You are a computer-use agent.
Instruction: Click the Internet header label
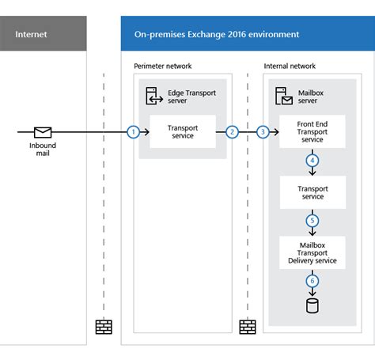pyautogui.click(x=31, y=34)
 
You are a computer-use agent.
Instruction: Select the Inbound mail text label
pyautogui.click(x=42, y=150)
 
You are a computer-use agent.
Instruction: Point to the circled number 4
pyautogui.click(x=312, y=160)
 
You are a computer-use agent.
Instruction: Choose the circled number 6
pyautogui.click(x=312, y=279)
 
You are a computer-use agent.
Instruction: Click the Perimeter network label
pyautogui.click(x=163, y=66)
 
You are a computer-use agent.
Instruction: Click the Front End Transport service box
pyautogui.click(x=312, y=131)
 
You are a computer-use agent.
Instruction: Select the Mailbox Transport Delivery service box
pyautogui.click(x=312, y=251)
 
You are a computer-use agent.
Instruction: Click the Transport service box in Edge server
pyautogui.click(x=183, y=131)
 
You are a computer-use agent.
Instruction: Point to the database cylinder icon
pyautogui.click(x=312, y=305)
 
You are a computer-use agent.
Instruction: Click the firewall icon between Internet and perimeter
pyautogui.click(x=104, y=325)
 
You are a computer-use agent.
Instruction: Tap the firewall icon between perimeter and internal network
pyautogui.click(x=247, y=325)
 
